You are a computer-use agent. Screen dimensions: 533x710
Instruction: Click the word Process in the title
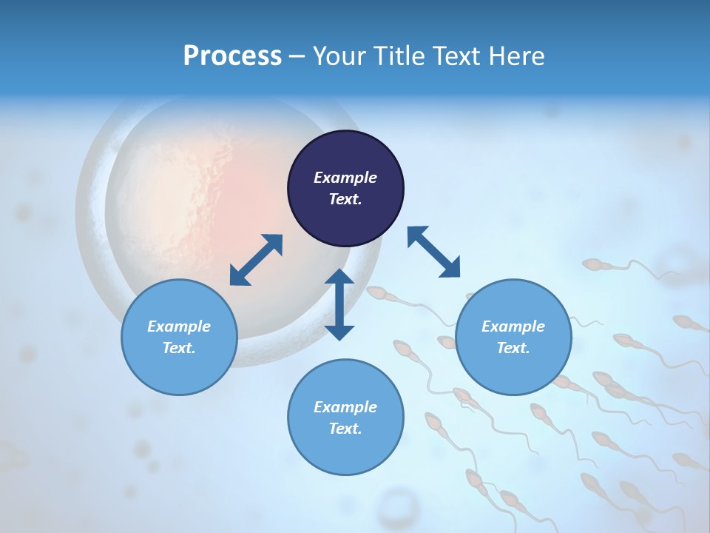[x=232, y=56]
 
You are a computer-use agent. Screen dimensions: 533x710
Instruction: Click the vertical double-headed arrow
[x=339, y=304]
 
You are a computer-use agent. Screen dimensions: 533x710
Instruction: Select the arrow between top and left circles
[x=256, y=260]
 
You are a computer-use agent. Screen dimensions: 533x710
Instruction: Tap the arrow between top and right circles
[x=433, y=252]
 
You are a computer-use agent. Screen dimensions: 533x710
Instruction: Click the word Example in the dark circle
[x=345, y=178]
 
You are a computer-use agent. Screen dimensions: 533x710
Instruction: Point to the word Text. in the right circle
[x=513, y=348]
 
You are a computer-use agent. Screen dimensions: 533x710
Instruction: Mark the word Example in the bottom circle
[x=345, y=407]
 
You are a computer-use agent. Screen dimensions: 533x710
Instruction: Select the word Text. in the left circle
[x=179, y=348]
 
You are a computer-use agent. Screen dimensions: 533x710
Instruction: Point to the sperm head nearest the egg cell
[x=377, y=294]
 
